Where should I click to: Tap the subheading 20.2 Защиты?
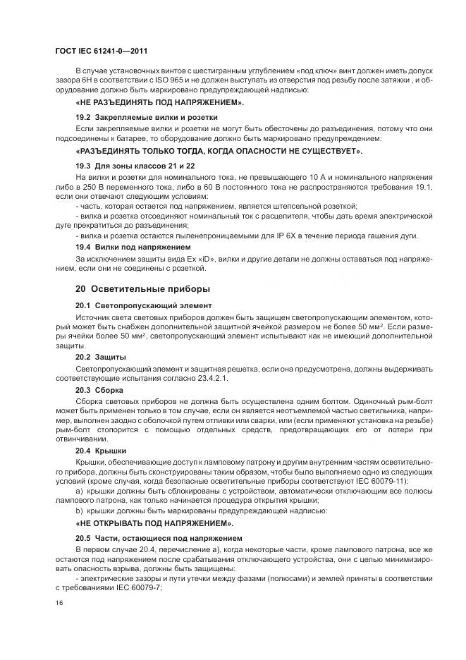click(101, 357)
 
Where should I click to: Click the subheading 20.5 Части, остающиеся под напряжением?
click(161, 538)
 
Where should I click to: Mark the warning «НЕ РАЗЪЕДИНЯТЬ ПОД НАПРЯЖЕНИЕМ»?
click(159, 103)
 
